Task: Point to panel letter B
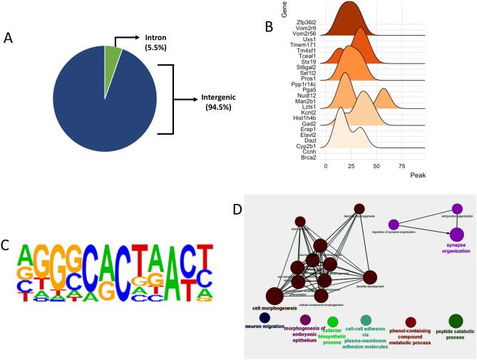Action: point(268,27)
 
